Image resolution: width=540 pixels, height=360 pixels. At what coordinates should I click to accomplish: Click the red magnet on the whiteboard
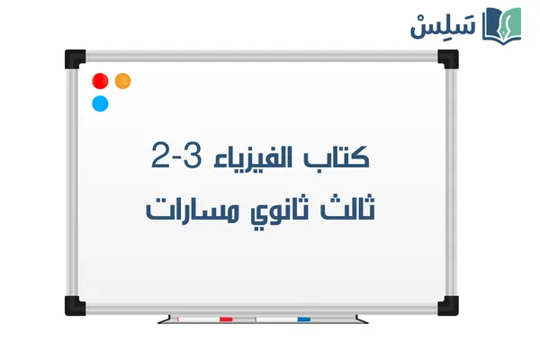click(x=100, y=81)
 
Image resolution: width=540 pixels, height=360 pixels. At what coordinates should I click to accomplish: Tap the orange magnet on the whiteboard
click(x=122, y=81)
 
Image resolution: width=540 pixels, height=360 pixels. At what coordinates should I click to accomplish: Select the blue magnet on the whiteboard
click(x=100, y=103)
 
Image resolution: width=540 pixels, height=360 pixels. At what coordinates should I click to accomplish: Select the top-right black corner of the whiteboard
click(x=447, y=58)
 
